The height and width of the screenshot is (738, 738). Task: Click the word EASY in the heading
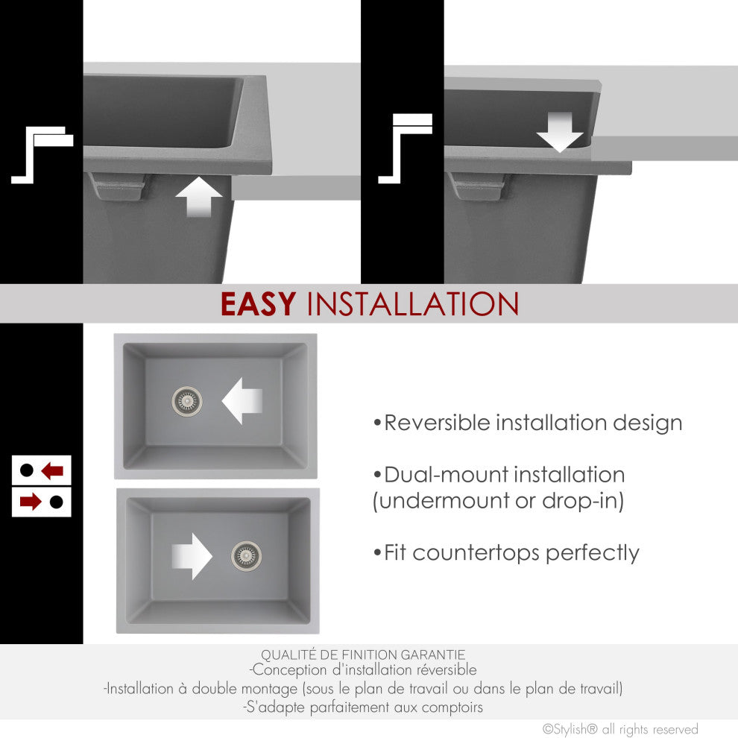(258, 304)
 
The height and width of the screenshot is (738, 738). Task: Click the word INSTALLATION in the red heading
(413, 304)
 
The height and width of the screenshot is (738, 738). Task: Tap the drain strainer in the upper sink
(187, 401)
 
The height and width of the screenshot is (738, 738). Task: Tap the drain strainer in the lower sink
(246, 556)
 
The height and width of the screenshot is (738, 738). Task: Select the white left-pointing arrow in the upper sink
(242, 401)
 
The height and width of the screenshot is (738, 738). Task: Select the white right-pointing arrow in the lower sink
(192, 556)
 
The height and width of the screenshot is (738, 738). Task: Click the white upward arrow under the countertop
(198, 197)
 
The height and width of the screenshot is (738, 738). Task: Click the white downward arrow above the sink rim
(560, 132)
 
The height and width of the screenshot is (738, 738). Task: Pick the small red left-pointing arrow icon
(52, 470)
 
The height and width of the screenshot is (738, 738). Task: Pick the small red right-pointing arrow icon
(31, 502)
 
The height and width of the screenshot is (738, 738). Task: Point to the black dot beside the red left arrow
(27, 470)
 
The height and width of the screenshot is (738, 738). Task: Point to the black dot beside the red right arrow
(57, 502)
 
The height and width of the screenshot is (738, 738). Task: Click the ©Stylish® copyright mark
(570, 729)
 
